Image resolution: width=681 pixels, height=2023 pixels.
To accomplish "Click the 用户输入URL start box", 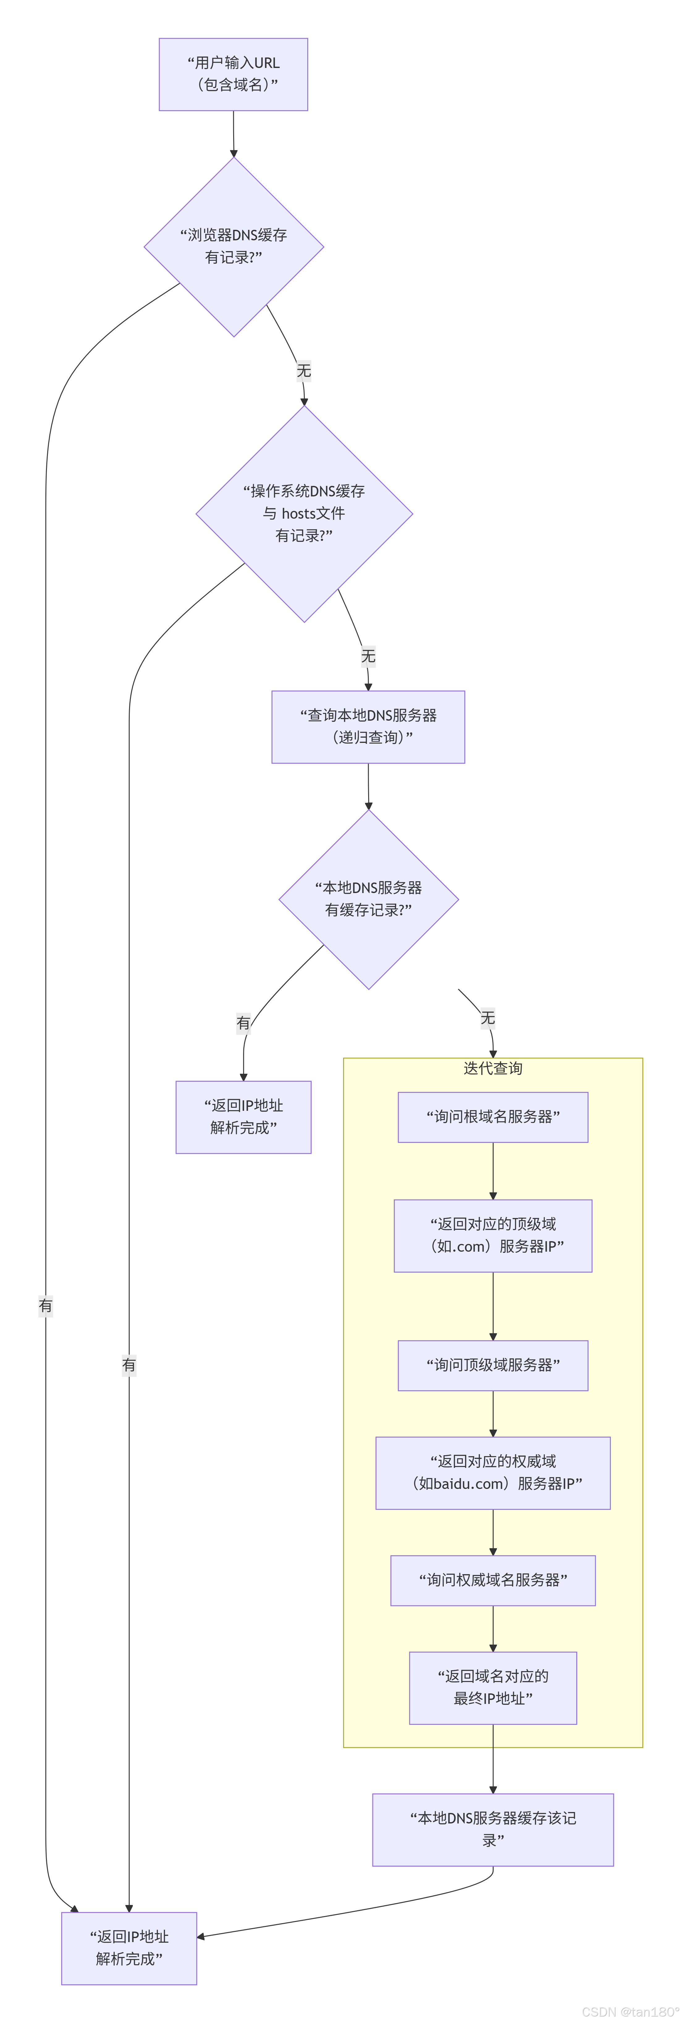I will click(x=233, y=75).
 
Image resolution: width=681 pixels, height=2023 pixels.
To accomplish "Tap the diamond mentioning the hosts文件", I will click(x=304, y=514).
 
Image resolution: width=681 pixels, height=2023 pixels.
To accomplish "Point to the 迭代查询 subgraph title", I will click(x=493, y=1068).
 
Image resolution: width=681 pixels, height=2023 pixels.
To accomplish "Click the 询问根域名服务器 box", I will click(x=493, y=1117).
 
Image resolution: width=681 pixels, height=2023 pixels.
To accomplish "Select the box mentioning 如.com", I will click(x=493, y=1235).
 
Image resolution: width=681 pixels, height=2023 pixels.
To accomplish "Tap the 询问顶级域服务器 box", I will click(x=493, y=1365).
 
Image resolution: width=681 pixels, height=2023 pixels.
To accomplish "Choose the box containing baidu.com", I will click(x=493, y=1473).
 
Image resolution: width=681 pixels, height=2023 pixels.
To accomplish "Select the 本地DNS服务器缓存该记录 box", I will click(x=493, y=1829).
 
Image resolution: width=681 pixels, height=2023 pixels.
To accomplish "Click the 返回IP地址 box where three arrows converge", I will click(x=129, y=1948).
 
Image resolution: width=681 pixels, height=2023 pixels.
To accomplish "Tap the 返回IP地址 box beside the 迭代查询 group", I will click(x=243, y=1117).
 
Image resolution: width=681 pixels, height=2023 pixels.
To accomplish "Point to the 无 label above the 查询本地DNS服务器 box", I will click(x=368, y=656).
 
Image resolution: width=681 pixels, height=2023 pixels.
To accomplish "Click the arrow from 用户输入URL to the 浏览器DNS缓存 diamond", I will click(x=233, y=133).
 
